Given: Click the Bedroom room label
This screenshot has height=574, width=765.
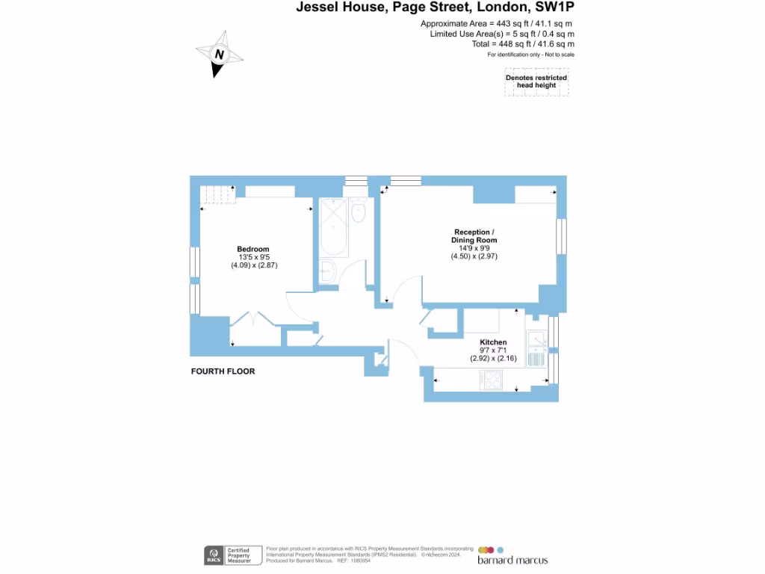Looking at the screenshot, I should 253,249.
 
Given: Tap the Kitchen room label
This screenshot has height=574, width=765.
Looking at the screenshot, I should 493,342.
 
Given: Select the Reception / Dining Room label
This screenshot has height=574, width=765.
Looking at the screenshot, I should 474,236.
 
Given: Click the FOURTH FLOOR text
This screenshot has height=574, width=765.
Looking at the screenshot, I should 223,371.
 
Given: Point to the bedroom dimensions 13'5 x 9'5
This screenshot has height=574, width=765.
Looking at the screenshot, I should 253,257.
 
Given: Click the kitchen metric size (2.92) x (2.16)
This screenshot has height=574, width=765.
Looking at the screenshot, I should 493,359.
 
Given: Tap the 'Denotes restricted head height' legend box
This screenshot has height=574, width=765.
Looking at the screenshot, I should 536,81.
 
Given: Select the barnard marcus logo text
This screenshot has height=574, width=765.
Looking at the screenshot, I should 512,561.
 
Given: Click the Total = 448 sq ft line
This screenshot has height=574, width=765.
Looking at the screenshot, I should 523,44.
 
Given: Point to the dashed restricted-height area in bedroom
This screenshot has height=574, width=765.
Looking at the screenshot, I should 219,194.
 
